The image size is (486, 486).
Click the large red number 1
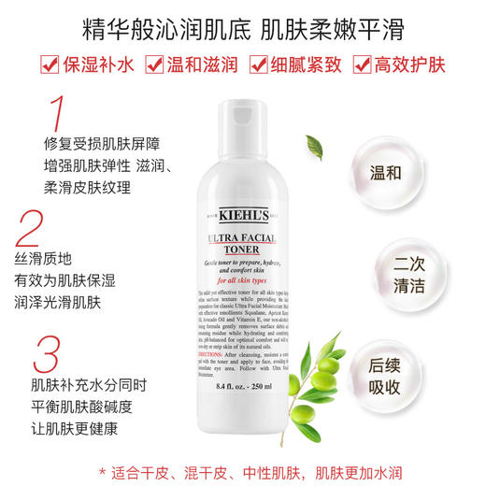click(x=58, y=111)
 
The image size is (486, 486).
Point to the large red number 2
click(x=31, y=228)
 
